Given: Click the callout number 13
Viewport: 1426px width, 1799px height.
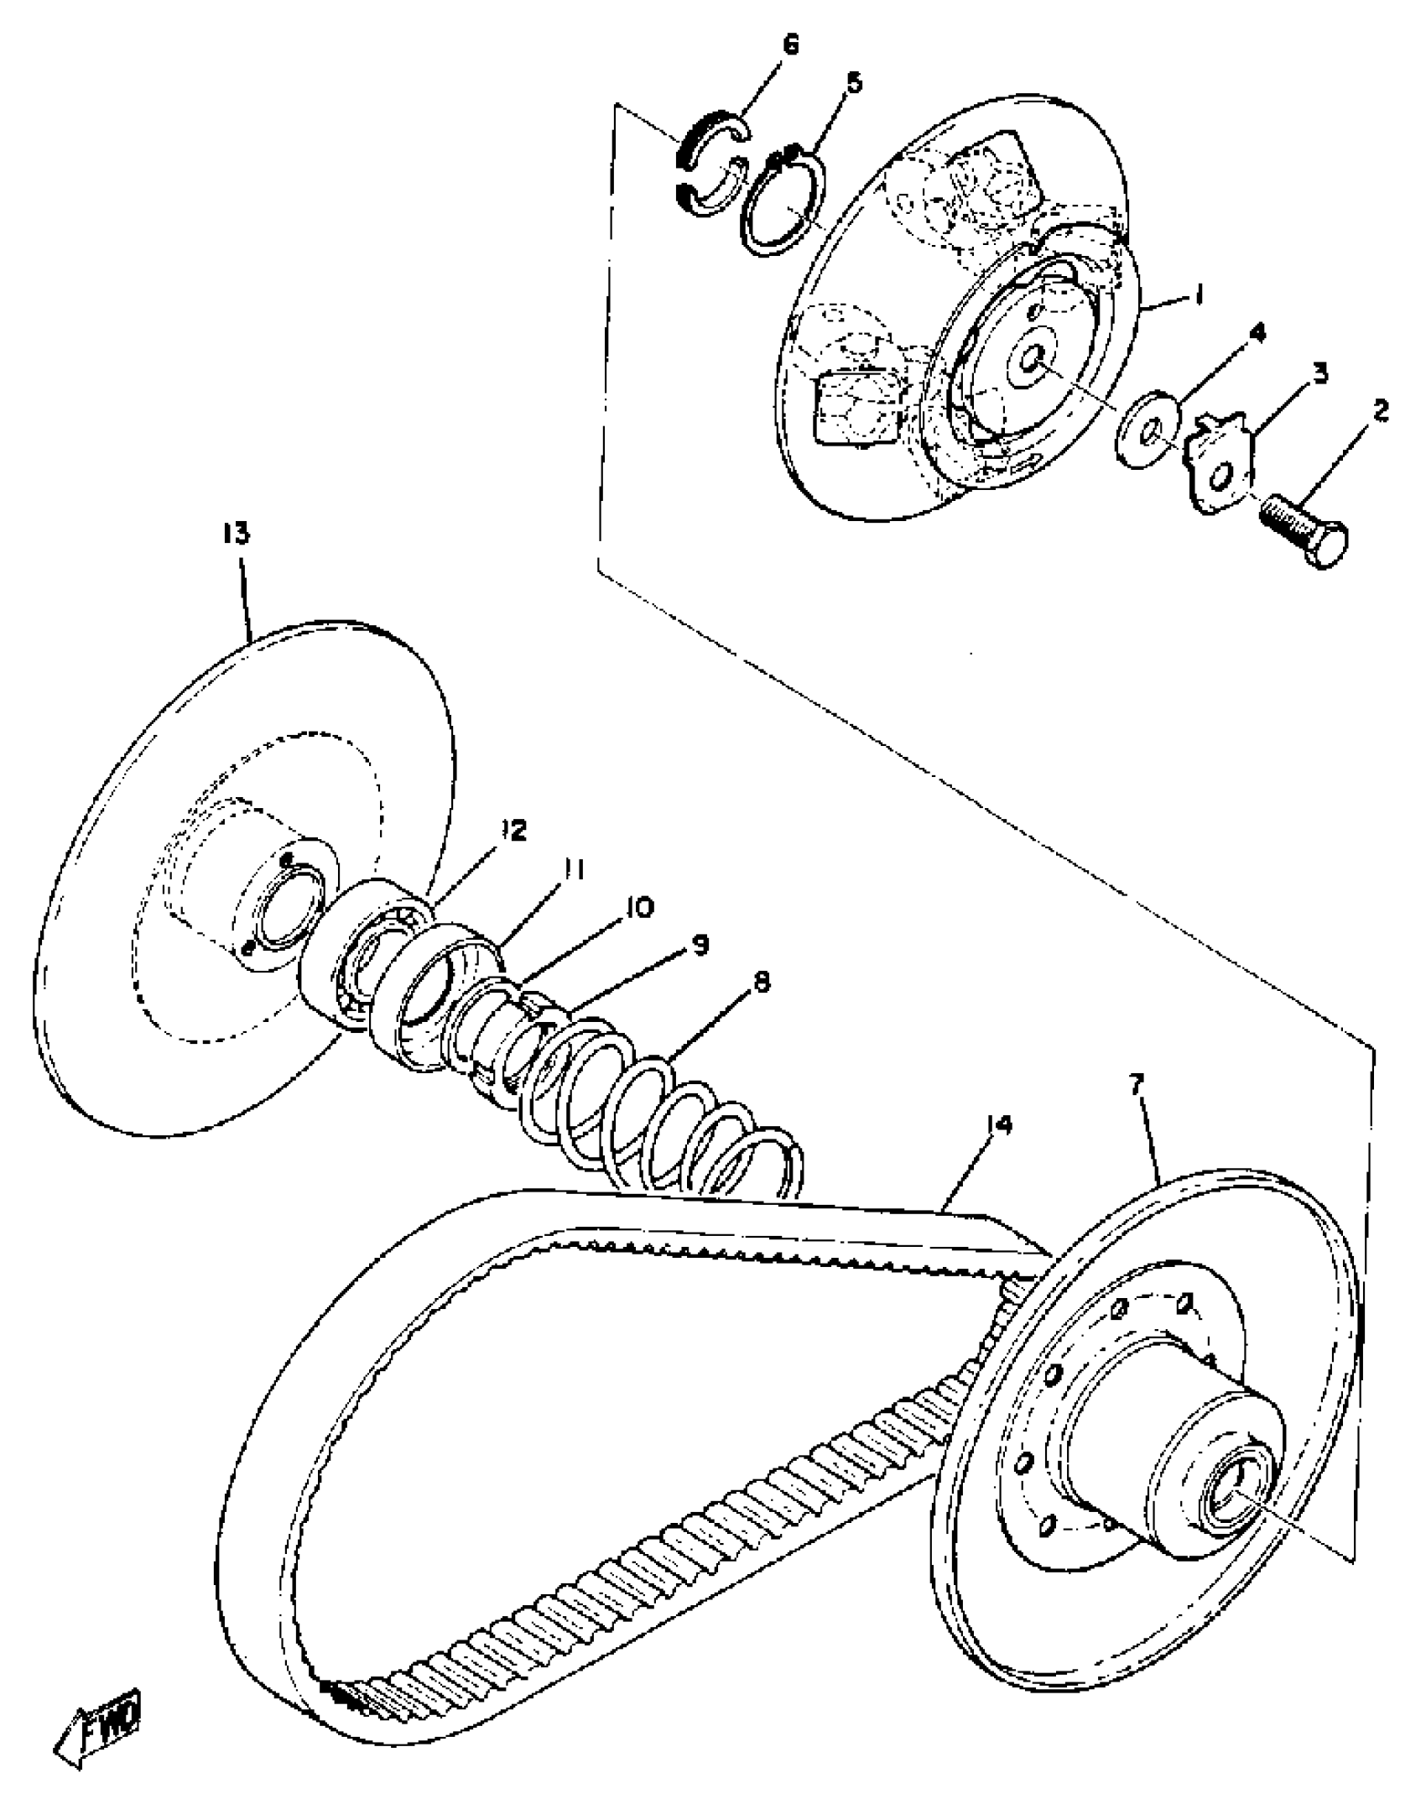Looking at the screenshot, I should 237,534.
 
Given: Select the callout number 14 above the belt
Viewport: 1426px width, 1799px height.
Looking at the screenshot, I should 999,1124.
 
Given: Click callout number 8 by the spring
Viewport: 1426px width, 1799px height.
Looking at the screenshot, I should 761,982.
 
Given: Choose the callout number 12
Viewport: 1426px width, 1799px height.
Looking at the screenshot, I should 513,831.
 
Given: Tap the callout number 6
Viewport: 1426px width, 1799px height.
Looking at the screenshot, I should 790,45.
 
